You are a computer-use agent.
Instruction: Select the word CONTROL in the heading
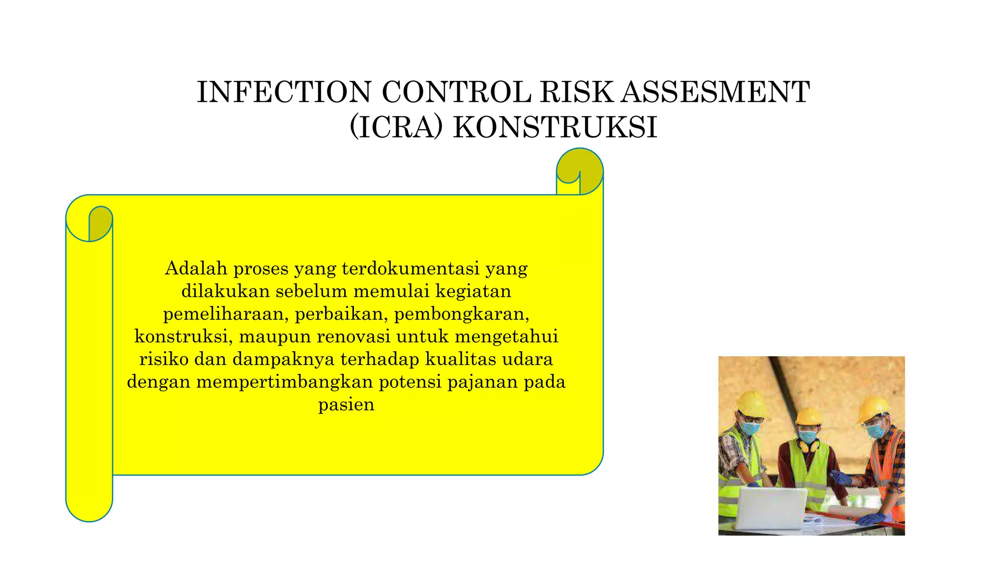tap(456, 92)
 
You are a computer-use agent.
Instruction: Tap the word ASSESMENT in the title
tap(715, 92)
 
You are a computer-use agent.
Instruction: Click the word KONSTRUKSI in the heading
tap(555, 127)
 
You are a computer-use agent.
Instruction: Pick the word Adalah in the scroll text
tap(196, 268)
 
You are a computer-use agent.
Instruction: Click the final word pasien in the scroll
tap(346, 405)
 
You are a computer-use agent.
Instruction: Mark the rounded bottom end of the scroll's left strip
tap(89, 509)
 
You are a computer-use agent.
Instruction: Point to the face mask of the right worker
tap(875, 430)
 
